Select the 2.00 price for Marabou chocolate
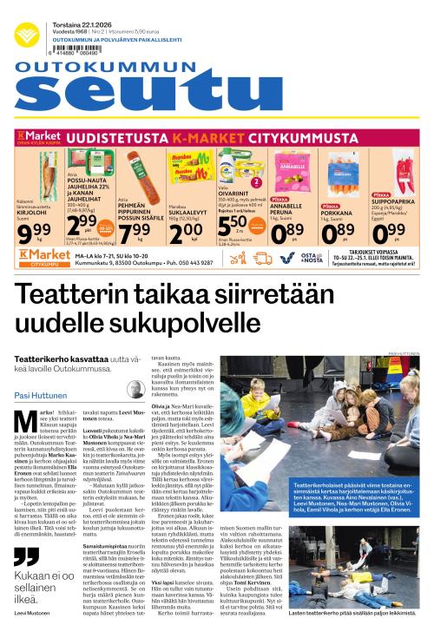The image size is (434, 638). (181, 233)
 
